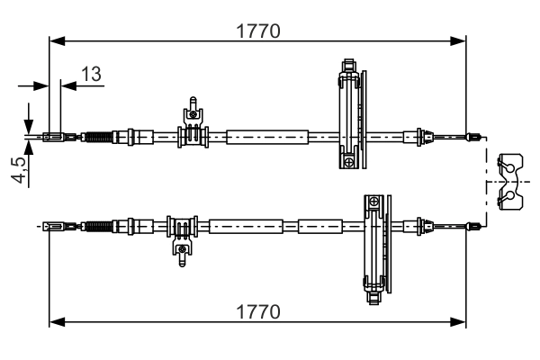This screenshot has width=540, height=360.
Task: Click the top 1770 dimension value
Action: click(258, 31)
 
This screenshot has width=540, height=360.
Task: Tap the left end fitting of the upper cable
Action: click(54, 138)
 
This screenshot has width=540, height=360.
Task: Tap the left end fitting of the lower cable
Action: click(54, 226)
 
